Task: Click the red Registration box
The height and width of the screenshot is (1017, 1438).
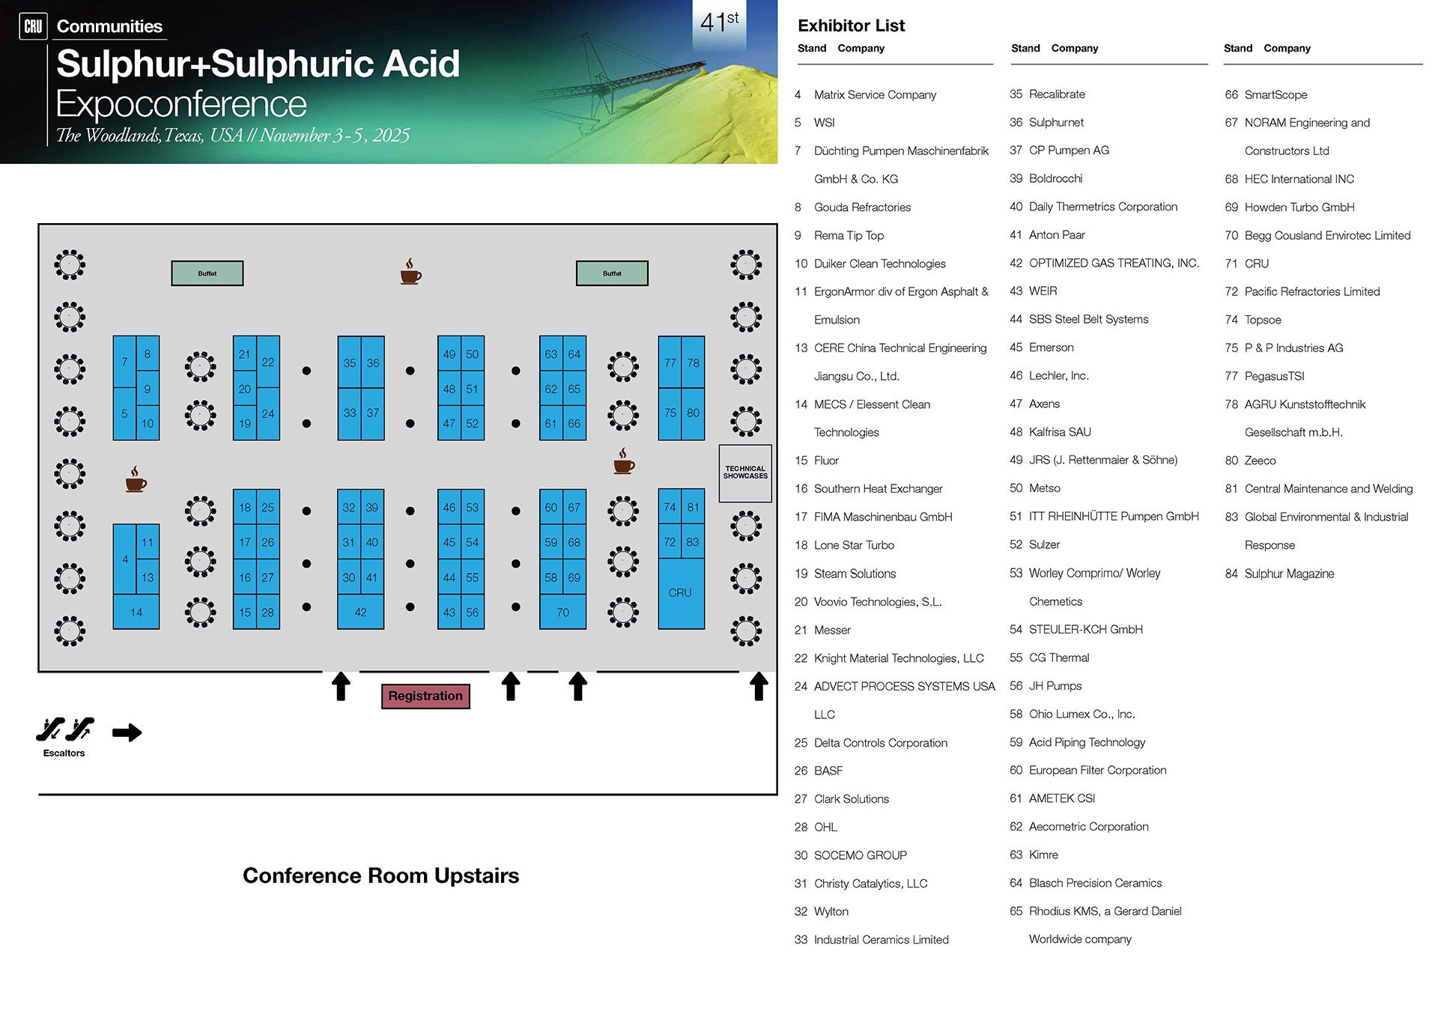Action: pyautogui.click(x=425, y=696)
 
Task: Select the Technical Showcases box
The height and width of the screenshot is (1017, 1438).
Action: pyautogui.click(x=745, y=473)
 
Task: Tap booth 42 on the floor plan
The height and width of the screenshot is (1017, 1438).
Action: pyautogui.click(x=360, y=612)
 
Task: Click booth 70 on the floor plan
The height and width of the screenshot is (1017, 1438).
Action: pyautogui.click(x=562, y=612)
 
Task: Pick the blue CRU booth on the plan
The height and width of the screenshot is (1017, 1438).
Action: pyautogui.click(x=680, y=592)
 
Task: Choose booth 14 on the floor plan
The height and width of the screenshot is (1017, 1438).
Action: pyautogui.click(x=136, y=612)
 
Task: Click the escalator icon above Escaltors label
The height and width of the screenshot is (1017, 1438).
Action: pyautogui.click(x=65, y=729)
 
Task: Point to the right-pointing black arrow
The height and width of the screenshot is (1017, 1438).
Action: pyautogui.click(x=127, y=732)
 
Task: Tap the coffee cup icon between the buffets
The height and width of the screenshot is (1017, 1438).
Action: pyautogui.click(x=410, y=272)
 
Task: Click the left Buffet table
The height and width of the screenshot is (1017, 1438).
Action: pyautogui.click(x=207, y=273)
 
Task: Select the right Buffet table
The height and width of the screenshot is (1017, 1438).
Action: pyautogui.click(x=611, y=273)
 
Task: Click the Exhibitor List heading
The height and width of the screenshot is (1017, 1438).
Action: pyautogui.click(x=851, y=26)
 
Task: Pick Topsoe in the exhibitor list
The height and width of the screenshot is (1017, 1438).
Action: pyautogui.click(x=1262, y=320)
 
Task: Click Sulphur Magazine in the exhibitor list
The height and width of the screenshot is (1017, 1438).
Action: pyautogui.click(x=1288, y=574)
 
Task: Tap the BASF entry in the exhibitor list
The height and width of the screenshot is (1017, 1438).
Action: pyautogui.click(x=828, y=771)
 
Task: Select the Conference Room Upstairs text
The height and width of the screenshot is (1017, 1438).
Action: pyautogui.click(x=380, y=875)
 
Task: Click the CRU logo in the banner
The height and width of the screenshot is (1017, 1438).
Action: pyautogui.click(x=33, y=26)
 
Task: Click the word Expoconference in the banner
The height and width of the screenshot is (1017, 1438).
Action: pyautogui.click(x=181, y=104)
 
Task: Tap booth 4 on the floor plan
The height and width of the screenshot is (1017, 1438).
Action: pyautogui.click(x=124, y=559)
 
